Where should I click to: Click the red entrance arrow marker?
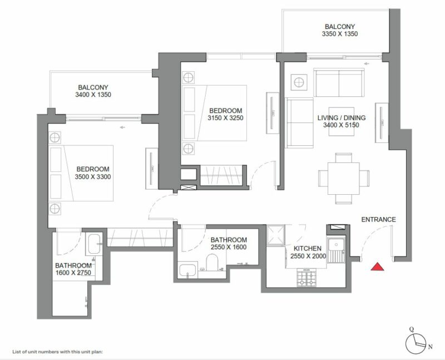[x=378, y=268]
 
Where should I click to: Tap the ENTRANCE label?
[x=378, y=220]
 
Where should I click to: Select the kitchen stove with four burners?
[x=307, y=277]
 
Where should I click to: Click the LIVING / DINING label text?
[x=342, y=118]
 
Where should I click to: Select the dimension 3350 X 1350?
[x=339, y=34]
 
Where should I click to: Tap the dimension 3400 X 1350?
[x=93, y=95]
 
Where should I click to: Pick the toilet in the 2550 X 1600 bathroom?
[x=211, y=263]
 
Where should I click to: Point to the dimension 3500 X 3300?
[x=93, y=177]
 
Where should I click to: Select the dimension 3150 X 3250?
[x=226, y=118]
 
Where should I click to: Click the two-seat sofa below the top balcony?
[x=338, y=82]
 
